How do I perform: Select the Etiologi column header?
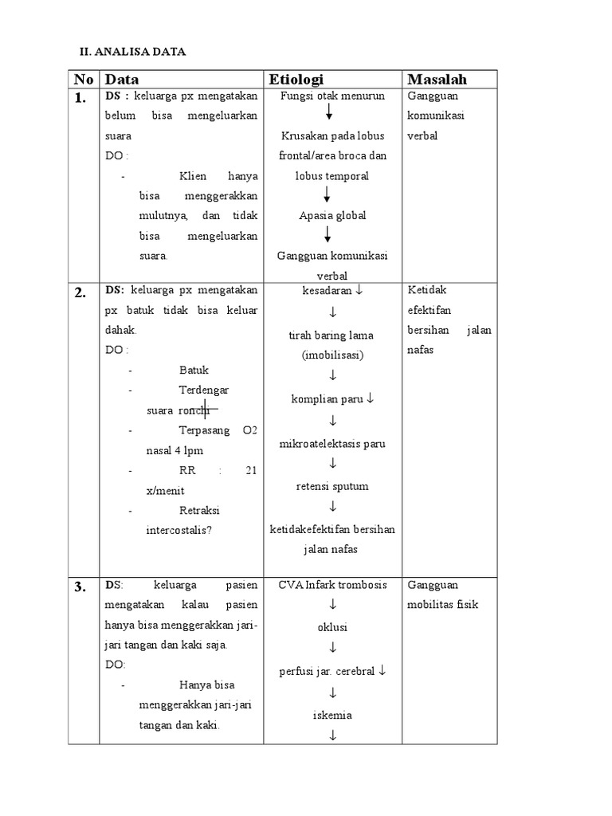coord(297,79)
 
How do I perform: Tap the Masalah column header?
coord(437,79)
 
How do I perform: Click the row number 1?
coord(80,99)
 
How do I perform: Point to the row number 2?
coord(80,292)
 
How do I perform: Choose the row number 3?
coord(80,588)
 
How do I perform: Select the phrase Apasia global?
coord(332,215)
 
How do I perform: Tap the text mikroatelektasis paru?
coord(332,443)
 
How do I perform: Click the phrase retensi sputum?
coord(332,486)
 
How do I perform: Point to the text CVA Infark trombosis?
coord(332,584)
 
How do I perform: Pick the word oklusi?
coord(332,627)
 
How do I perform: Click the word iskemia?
coord(332,715)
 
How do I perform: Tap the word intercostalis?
coord(178,529)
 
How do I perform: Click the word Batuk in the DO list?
coord(194,370)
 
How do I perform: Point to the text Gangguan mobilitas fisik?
coord(442,594)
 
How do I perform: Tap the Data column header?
coord(122,79)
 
